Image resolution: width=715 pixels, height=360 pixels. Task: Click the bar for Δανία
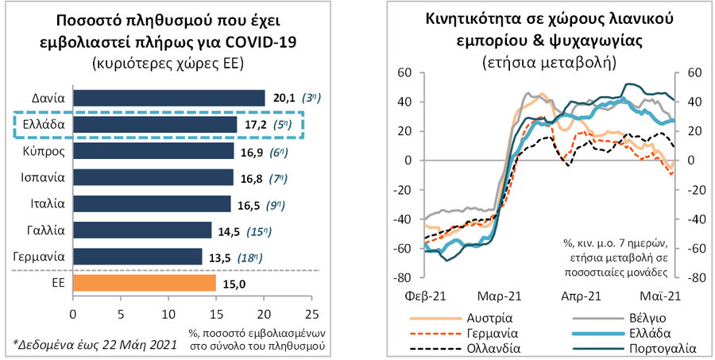click(x=168, y=98)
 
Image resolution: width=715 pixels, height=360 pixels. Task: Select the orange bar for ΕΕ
click(x=144, y=283)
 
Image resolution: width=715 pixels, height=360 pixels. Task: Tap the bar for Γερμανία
click(x=137, y=257)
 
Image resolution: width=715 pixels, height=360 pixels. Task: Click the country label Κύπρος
click(x=46, y=151)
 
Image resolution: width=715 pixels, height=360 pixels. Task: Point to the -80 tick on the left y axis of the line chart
click(x=404, y=278)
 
